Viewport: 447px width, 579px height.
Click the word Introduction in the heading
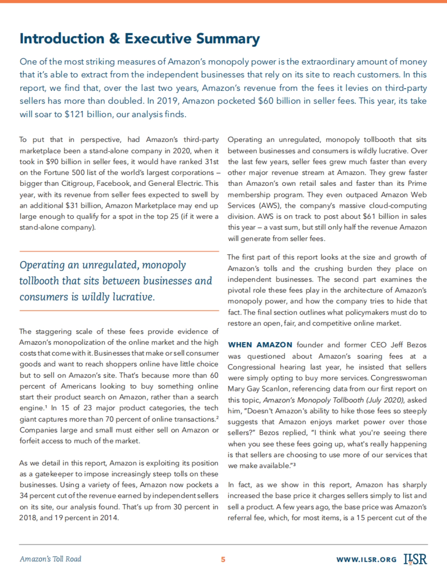[62, 39]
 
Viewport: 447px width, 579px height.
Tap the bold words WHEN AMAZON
[260, 345]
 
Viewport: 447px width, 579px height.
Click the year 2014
[109, 518]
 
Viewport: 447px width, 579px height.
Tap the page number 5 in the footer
[223, 559]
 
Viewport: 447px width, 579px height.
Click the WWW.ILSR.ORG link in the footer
[366, 560]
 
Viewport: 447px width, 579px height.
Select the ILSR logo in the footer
[415, 559]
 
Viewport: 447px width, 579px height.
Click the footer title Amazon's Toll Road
[50, 559]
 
